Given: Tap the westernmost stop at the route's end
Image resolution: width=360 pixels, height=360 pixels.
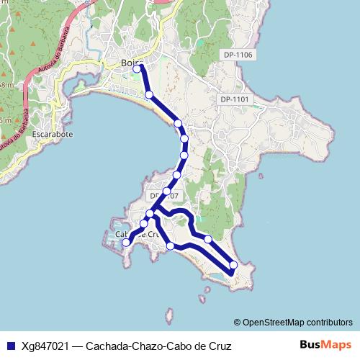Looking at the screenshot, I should (126, 243).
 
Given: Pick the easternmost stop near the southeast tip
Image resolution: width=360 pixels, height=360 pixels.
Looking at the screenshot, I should (233, 265).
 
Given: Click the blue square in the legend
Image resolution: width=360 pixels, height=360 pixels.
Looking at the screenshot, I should (10, 346).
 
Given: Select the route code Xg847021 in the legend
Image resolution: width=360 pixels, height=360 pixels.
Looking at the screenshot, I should (45, 346).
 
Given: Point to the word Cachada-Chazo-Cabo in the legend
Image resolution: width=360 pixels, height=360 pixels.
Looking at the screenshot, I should (132, 346).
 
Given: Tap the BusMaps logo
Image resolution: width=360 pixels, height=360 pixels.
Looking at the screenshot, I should (325, 345).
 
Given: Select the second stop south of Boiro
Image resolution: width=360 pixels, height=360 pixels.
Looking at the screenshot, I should (178, 124).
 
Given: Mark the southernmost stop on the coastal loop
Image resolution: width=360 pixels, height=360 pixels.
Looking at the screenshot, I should (171, 246).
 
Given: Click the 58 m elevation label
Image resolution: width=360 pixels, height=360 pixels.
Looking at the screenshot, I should (5, 85).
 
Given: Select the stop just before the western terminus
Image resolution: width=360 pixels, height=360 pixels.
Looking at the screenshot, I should (143, 225).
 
